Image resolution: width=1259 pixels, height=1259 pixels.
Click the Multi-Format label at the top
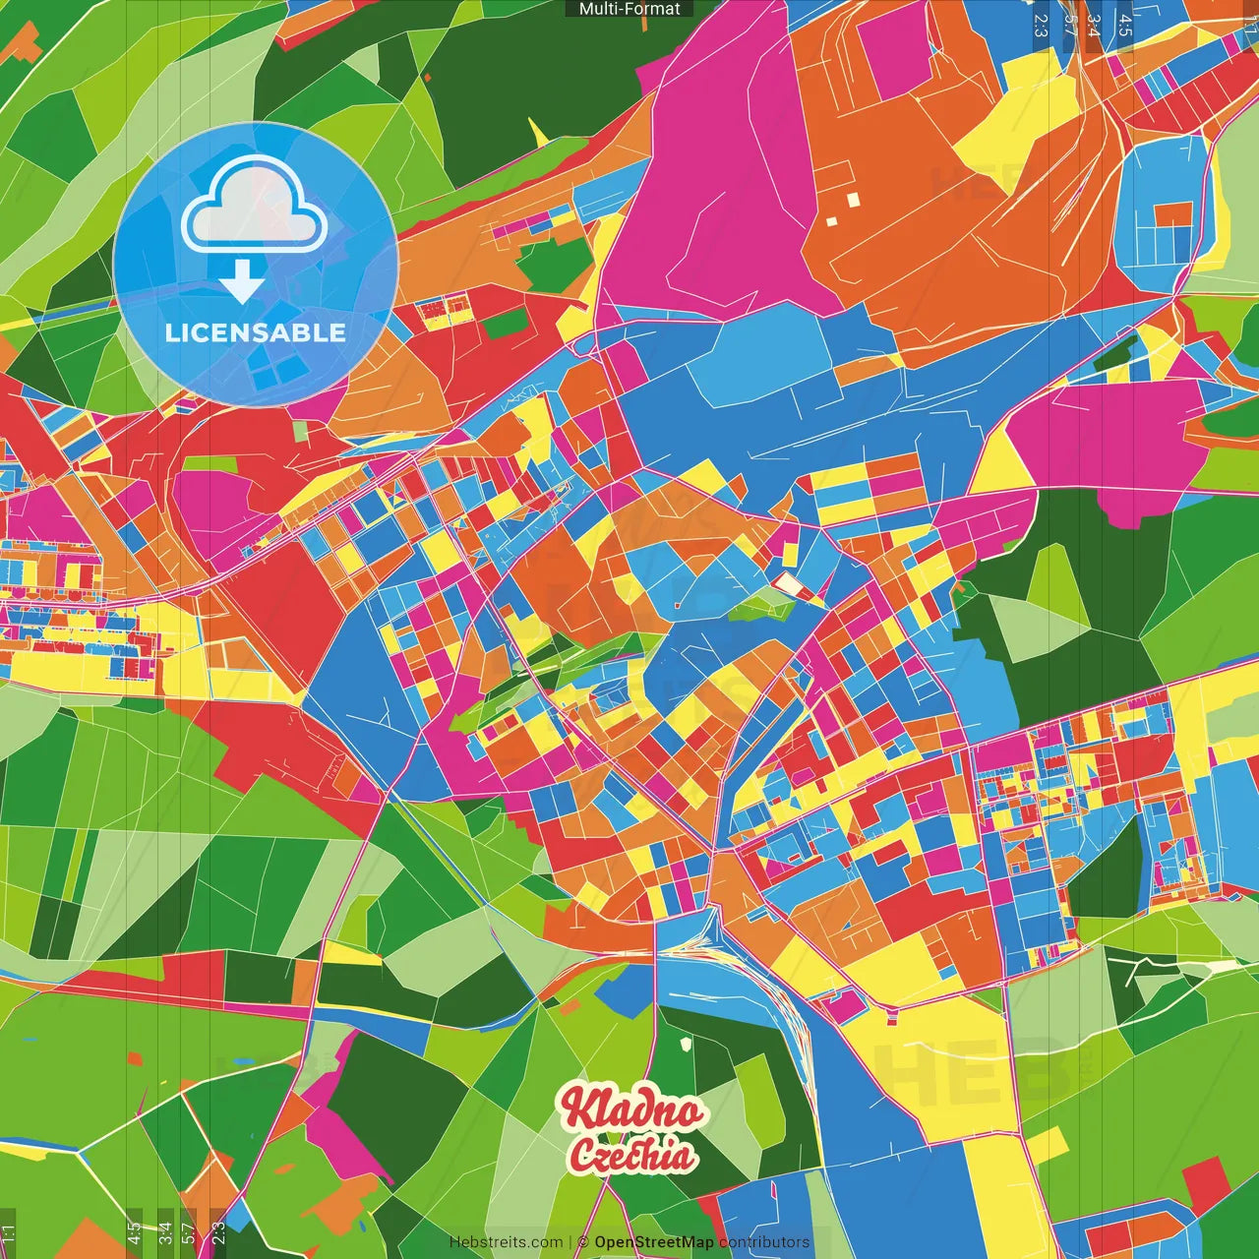pyautogui.click(x=629, y=9)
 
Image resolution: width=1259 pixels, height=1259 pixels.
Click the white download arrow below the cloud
pyautogui.click(x=241, y=281)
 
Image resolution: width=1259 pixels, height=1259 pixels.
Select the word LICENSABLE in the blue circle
pyautogui.click(x=256, y=332)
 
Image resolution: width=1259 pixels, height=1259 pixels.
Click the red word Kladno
pyautogui.click(x=632, y=1110)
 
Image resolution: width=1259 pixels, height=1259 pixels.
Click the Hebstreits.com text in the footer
pyautogui.click(x=506, y=1242)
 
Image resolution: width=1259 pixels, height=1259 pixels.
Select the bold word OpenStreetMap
pyautogui.click(x=654, y=1242)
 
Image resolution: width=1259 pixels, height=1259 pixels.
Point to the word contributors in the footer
pyautogui.click(x=764, y=1242)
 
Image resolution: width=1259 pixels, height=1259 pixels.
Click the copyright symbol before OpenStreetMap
pyautogui.click(x=583, y=1242)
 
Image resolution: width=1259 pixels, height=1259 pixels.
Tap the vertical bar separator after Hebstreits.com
pyautogui.click(x=570, y=1242)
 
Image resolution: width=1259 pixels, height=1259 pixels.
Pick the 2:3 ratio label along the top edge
pyautogui.click(x=1041, y=25)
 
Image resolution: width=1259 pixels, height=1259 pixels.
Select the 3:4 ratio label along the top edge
pyautogui.click(x=1094, y=25)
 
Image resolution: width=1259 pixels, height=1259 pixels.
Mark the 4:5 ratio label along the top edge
pyautogui.click(x=1125, y=25)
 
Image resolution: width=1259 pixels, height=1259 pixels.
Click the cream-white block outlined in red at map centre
pyautogui.click(x=788, y=584)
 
